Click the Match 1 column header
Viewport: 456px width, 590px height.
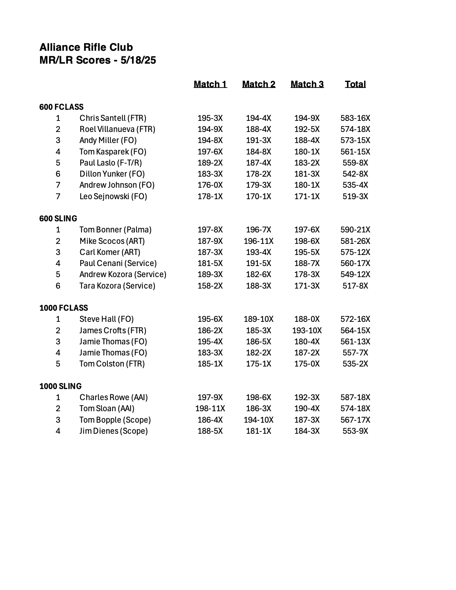point(210,84)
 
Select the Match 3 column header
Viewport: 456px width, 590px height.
point(307,84)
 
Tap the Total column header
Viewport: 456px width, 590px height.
point(355,84)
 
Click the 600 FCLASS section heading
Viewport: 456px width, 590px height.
point(61,107)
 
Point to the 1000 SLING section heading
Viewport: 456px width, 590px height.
point(60,386)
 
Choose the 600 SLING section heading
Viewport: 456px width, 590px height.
point(58,218)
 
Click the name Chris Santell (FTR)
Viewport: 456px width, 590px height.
point(113,118)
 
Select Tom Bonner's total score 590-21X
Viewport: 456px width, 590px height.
point(355,230)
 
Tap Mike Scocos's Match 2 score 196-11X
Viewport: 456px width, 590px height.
point(259,241)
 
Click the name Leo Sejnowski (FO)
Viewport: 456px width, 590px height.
point(113,196)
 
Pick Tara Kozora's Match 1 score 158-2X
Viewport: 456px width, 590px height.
point(210,286)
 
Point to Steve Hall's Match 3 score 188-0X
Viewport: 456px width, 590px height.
point(307,319)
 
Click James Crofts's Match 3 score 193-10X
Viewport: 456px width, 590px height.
point(307,330)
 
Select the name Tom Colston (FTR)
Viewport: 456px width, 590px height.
point(112,364)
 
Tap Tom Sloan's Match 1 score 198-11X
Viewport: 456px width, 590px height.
point(210,408)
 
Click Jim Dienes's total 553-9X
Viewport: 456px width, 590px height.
point(355,431)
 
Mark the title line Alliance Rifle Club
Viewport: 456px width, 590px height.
point(86,47)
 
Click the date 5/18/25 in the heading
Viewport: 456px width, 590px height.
point(138,60)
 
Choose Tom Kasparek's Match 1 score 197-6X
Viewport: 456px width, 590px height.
point(210,152)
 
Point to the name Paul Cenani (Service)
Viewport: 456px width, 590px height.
point(118,263)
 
